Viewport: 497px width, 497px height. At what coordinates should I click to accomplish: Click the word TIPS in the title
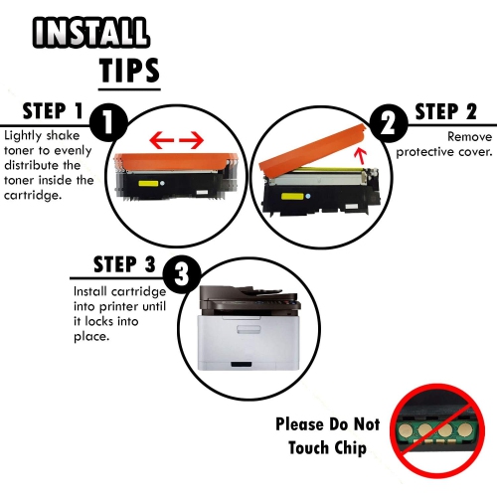[x=129, y=70]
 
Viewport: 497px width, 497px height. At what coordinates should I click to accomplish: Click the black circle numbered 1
[x=108, y=124]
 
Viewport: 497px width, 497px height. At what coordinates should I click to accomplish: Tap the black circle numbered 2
[x=387, y=124]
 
